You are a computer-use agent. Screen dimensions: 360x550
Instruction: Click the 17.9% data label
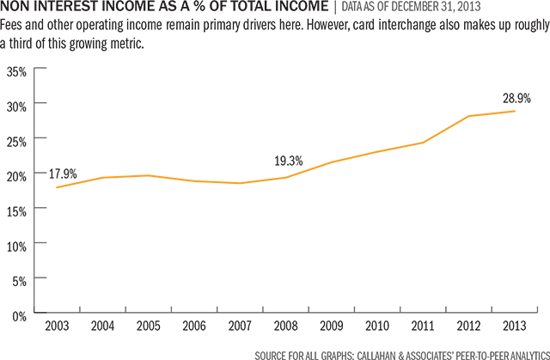[63, 174]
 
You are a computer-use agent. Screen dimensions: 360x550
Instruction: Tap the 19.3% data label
[289, 160]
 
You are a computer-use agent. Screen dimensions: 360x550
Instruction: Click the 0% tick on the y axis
[20, 315]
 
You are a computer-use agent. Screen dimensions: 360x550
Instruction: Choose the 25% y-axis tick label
[17, 139]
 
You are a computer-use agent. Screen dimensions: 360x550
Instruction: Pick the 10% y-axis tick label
[17, 245]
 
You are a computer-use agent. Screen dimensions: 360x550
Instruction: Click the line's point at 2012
[468, 116]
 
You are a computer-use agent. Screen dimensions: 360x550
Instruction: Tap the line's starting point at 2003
[56, 187]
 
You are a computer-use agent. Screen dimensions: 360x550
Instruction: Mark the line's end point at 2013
[514, 111]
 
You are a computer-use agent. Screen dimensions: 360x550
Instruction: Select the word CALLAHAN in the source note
[362, 352]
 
